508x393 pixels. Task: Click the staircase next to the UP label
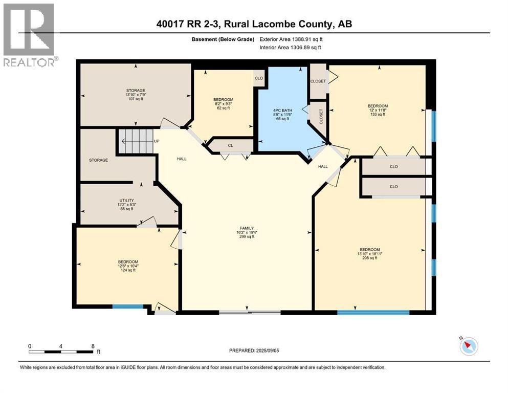(136, 140)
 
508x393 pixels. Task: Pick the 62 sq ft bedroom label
(223, 103)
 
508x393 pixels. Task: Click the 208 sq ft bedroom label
(369, 254)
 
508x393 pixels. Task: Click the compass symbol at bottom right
(469, 346)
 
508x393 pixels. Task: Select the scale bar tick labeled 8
(92, 346)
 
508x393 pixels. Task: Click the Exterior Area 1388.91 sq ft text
(291, 39)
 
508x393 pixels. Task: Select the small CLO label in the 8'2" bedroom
(259, 78)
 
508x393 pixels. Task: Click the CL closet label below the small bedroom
(230, 146)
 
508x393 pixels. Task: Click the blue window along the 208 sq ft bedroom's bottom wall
(373, 311)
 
